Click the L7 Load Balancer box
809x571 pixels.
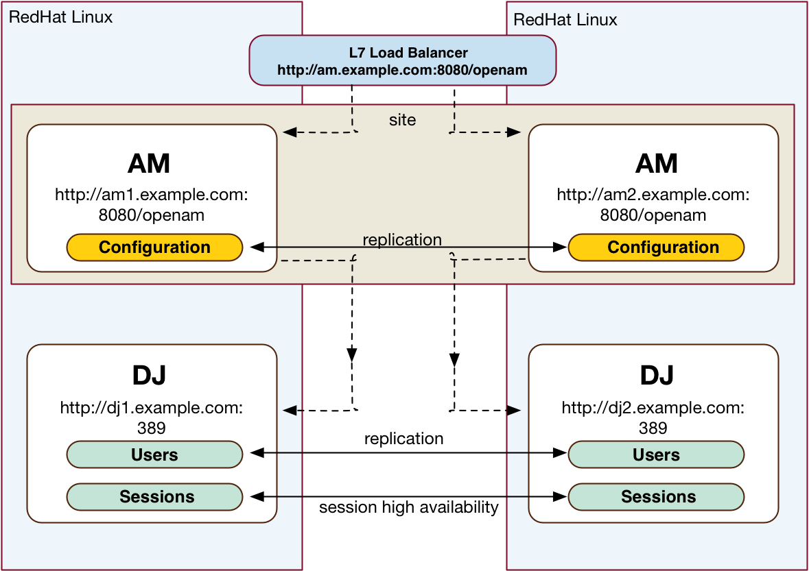point(402,60)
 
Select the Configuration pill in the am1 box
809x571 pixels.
point(155,247)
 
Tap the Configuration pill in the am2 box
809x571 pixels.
point(656,247)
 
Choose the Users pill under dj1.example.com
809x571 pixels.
point(155,454)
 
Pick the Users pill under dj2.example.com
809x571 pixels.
point(656,454)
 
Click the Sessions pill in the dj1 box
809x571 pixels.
point(155,497)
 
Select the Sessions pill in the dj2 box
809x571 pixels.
point(656,497)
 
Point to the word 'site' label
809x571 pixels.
point(402,120)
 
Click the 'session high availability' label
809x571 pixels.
point(409,508)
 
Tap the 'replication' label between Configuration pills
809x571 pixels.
point(402,240)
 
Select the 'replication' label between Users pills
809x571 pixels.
point(404,439)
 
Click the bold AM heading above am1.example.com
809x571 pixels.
point(149,163)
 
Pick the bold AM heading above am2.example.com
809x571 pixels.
point(656,163)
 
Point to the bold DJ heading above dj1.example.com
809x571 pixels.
point(149,375)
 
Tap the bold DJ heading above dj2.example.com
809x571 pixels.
point(657,375)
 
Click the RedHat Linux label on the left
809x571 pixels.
point(61,17)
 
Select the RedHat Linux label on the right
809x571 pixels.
point(565,20)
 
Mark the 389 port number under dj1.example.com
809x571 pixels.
point(152,428)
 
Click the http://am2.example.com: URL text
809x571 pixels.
point(653,195)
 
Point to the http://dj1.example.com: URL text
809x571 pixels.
point(152,408)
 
